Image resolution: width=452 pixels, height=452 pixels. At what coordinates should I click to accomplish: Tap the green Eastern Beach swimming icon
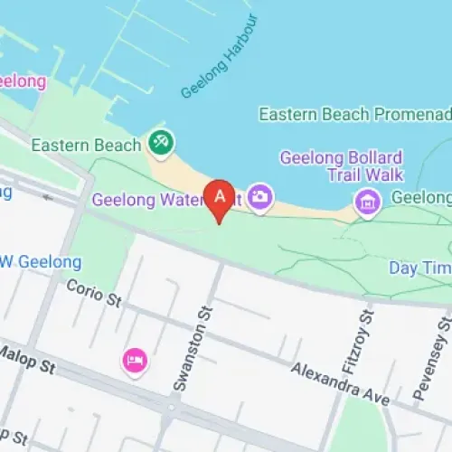point(163,143)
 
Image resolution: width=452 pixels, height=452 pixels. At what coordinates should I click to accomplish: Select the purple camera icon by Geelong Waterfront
point(260,196)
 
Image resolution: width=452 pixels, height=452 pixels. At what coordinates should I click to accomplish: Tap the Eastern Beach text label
point(86,145)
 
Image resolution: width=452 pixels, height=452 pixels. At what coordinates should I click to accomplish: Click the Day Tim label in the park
point(419,268)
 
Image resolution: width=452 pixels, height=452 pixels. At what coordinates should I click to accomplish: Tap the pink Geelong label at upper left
point(22,81)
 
